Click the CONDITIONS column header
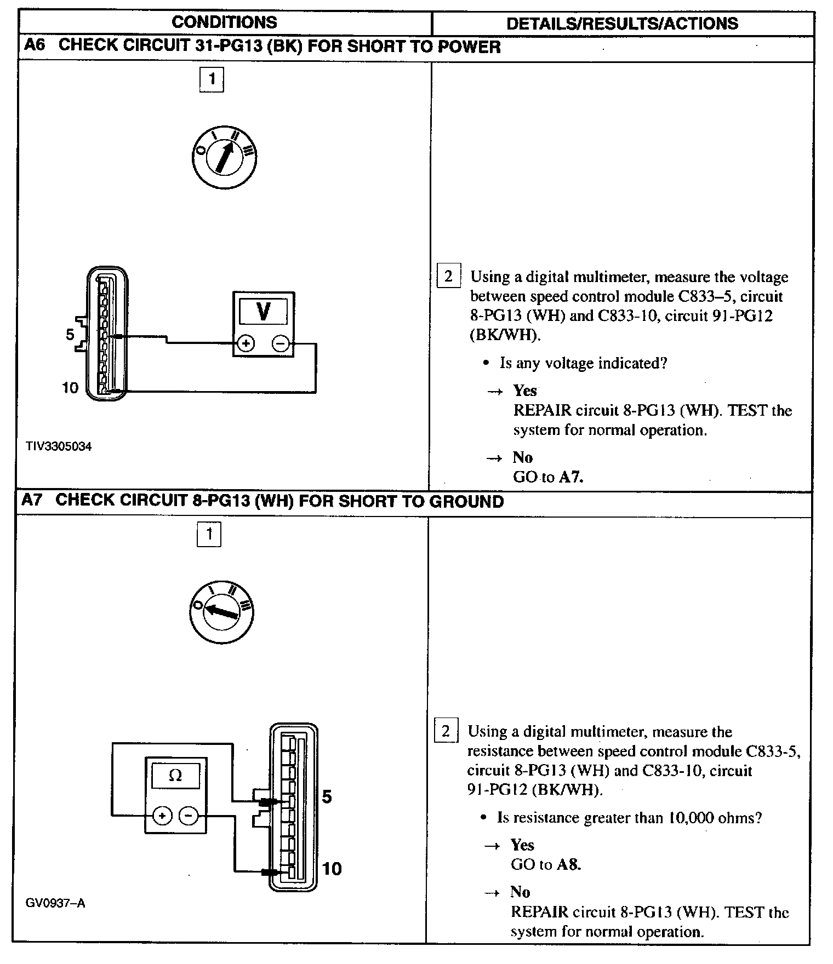(x=224, y=22)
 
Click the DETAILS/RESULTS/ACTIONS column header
(x=622, y=23)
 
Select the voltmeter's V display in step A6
(x=263, y=311)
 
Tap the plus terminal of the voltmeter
(x=246, y=343)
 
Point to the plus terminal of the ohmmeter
(x=162, y=816)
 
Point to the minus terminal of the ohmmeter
(x=189, y=816)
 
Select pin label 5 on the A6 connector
(x=70, y=334)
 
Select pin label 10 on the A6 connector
(x=70, y=388)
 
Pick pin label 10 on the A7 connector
(x=332, y=869)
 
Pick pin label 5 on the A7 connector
(x=327, y=796)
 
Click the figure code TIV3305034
(x=59, y=446)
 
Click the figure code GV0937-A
(x=55, y=903)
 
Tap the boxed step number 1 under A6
(x=212, y=79)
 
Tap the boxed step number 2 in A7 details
(x=446, y=731)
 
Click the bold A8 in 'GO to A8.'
(x=568, y=864)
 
